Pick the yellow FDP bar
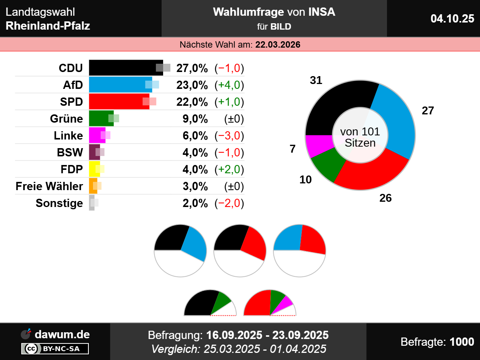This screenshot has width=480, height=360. (x=93, y=169)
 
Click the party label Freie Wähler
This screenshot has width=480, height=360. (x=49, y=186)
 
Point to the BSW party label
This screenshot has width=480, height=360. (x=70, y=152)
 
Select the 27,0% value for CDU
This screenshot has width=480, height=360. (x=192, y=68)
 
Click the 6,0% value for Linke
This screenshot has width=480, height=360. (x=195, y=136)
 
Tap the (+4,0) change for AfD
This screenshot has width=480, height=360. (x=229, y=85)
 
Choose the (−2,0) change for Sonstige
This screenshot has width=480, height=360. (x=229, y=203)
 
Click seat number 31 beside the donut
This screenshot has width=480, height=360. (x=316, y=80)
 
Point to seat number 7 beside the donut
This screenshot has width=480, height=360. (x=293, y=149)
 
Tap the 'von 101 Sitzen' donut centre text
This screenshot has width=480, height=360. (x=360, y=137)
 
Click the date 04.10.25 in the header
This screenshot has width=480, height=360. (x=452, y=18)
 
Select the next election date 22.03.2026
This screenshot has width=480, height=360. (x=278, y=45)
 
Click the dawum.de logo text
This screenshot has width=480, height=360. (x=62, y=334)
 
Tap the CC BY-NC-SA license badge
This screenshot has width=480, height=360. (x=55, y=349)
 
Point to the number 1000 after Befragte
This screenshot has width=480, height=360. (x=462, y=342)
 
